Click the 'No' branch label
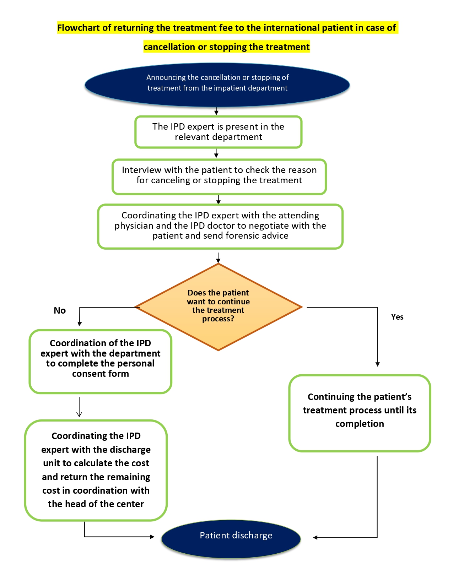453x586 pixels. click(60, 310)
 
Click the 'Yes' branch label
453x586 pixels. click(397, 317)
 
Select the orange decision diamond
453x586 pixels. click(218, 307)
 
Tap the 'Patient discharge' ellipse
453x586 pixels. click(231, 539)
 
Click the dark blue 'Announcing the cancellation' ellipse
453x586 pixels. click(217, 85)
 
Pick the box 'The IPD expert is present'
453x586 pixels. click(218, 132)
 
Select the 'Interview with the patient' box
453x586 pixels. click(219, 177)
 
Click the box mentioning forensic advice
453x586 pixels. click(220, 227)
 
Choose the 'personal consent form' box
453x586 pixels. click(100, 361)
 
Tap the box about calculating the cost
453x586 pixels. click(96, 470)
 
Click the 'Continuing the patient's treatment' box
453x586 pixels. click(360, 413)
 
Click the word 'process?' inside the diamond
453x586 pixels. click(218, 319)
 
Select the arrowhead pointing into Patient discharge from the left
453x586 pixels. click(152, 537)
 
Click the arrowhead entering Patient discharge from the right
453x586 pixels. click(315, 537)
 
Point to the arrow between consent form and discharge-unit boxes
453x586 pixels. click(79, 407)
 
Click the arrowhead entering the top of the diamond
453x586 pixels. click(218, 261)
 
